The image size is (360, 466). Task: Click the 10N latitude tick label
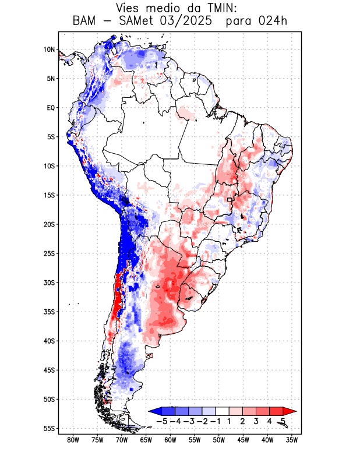click(x=49, y=50)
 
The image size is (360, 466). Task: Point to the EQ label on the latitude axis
click(x=51, y=108)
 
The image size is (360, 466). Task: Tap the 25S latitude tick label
click(x=49, y=253)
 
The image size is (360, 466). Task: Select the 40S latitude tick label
click(x=49, y=341)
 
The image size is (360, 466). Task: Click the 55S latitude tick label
click(x=49, y=428)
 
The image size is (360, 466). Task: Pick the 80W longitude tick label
click(x=73, y=440)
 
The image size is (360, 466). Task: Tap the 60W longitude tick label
click(x=170, y=440)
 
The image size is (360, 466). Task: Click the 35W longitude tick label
click(x=292, y=440)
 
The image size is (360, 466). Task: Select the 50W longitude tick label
click(x=219, y=440)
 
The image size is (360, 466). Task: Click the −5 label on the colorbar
click(x=161, y=421)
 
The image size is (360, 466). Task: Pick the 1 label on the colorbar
click(x=229, y=421)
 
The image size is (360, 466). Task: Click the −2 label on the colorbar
click(x=201, y=421)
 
